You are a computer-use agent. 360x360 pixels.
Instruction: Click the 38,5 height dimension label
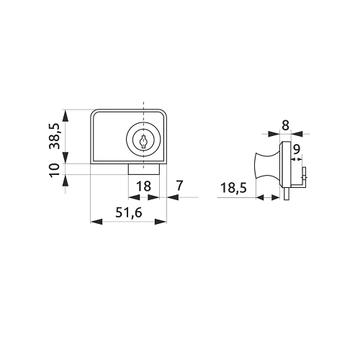54,136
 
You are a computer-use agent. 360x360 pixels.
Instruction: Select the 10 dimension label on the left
54,170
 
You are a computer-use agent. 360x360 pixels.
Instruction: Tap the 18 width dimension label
143,186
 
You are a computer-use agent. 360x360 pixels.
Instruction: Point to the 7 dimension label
179,185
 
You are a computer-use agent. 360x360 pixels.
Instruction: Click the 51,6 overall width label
129,212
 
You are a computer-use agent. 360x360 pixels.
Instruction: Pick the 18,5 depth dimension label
233,188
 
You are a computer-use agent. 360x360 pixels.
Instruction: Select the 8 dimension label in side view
285,125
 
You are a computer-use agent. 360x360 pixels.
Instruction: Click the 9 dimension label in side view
297,149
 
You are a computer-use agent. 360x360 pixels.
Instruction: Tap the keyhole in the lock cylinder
143,142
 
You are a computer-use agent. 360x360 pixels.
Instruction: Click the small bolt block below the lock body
144,169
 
